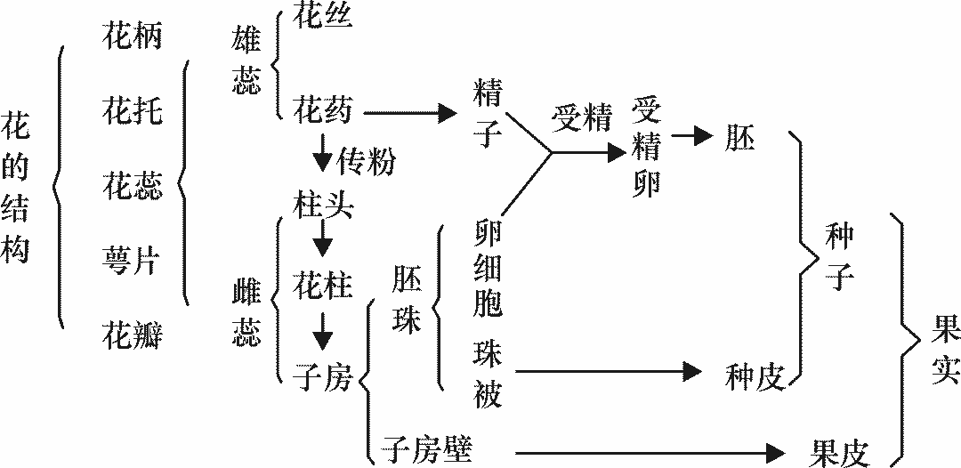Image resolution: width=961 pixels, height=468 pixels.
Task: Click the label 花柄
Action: pyautogui.click(x=133, y=38)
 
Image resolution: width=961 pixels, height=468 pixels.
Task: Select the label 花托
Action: pyautogui.click(x=133, y=112)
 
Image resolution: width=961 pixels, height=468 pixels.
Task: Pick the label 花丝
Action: pyautogui.click(x=323, y=19)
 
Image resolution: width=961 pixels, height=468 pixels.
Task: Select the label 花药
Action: pyautogui.click(x=323, y=111)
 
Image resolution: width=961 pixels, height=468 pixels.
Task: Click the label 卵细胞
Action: pyautogui.click(x=489, y=268)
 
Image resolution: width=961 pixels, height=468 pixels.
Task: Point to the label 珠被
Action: pyautogui.click(x=489, y=375)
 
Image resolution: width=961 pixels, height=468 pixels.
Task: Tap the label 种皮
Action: pyautogui.click(x=755, y=378)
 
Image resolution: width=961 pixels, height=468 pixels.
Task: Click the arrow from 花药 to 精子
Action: pyautogui.click(x=404, y=113)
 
